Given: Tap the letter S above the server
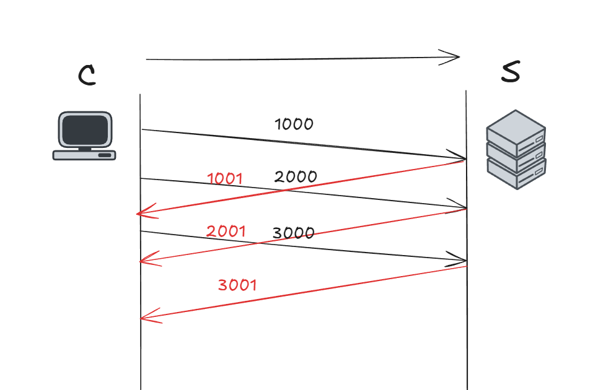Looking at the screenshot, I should [x=510, y=73].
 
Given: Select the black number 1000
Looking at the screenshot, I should [x=294, y=124].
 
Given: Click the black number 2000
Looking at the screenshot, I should [x=296, y=177].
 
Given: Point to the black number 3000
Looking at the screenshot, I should [x=293, y=233].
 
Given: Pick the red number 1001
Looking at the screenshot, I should [x=225, y=179].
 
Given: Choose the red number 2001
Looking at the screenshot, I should [x=226, y=232].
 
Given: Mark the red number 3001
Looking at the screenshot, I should [x=237, y=285].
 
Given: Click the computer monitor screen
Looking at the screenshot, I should [x=84, y=129].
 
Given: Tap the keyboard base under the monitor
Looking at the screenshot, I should [x=84, y=155].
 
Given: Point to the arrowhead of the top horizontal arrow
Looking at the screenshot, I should [x=456, y=58].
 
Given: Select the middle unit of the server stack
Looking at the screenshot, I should [x=516, y=155].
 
